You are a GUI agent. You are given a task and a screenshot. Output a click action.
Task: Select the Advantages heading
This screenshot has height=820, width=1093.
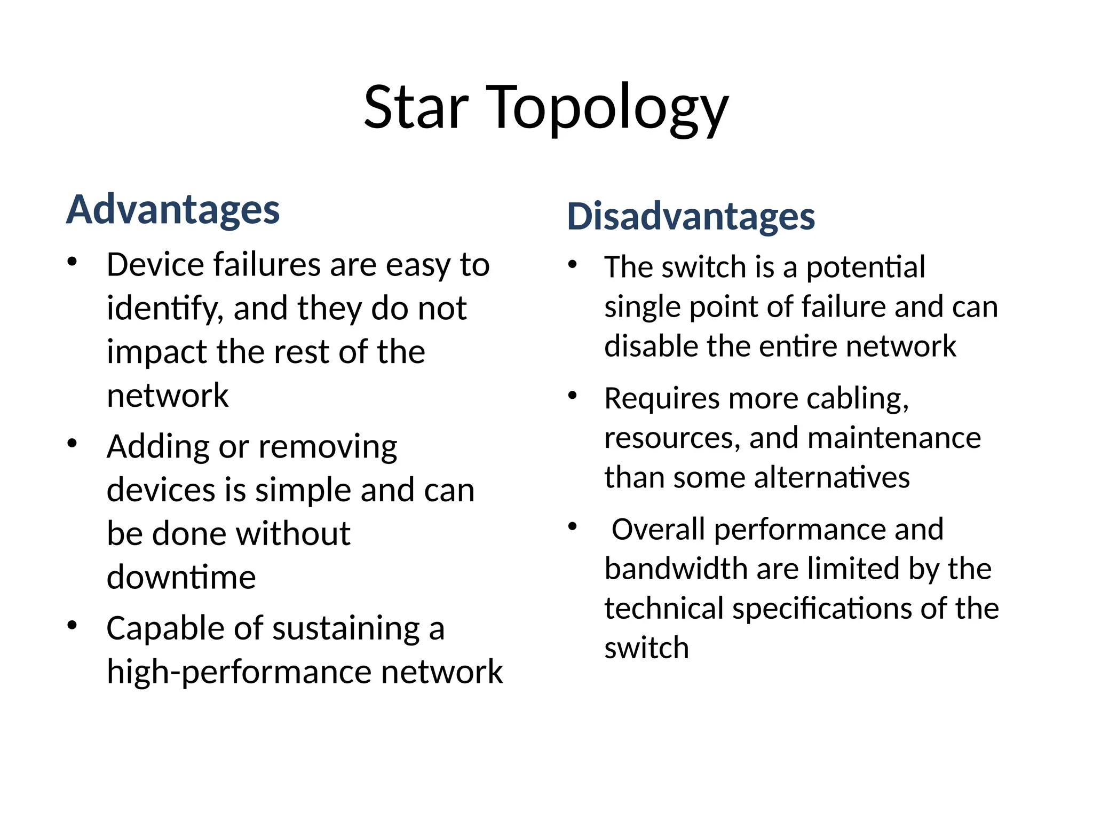[x=173, y=210]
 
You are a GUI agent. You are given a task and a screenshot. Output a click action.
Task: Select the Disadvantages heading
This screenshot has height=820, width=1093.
[x=691, y=217]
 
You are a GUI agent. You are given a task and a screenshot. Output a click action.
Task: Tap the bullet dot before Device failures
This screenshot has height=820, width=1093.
[x=73, y=262]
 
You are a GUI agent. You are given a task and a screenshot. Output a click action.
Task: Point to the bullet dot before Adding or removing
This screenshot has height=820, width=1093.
[x=73, y=444]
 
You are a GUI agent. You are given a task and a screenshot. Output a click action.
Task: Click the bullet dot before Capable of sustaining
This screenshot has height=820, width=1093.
[x=73, y=625]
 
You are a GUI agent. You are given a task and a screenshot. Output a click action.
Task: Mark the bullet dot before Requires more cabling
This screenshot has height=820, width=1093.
[x=573, y=396]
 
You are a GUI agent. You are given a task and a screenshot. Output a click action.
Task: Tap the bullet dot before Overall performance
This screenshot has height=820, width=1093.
[x=573, y=527]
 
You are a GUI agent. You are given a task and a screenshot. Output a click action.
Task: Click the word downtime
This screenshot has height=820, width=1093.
[x=181, y=577]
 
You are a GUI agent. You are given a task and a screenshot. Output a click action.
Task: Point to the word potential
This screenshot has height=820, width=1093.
[x=866, y=267]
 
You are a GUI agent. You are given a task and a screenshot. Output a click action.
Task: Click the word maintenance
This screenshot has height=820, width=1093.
[x=894, y=438]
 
